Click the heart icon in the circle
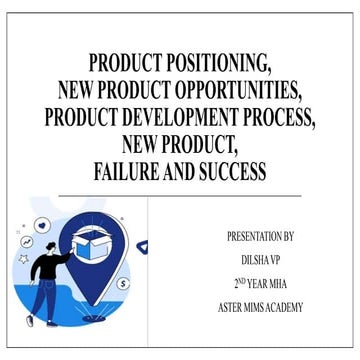(42, 225)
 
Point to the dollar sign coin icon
(124, 284)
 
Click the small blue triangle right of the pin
(142, 245)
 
